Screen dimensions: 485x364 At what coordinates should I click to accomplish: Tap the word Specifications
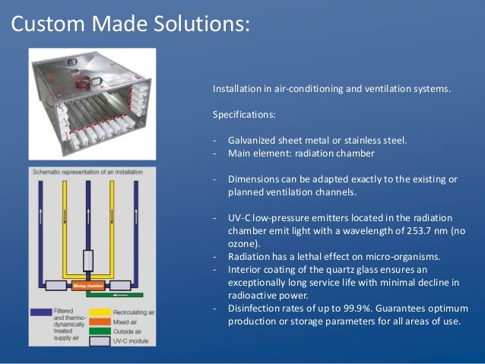245,115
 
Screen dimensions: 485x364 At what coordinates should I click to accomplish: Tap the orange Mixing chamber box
89,286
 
